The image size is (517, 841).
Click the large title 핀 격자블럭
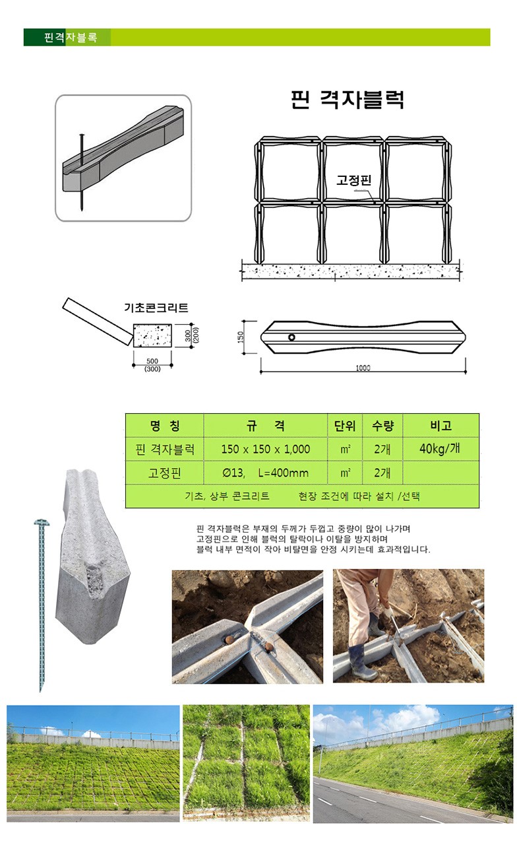click(x=348, y=100)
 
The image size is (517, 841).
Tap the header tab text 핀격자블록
click(x=71, y=38)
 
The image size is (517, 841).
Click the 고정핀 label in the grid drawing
click(x=354, y=180)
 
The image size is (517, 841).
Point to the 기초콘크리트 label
click(x=156, y=308)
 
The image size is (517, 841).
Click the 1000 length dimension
click(x=363, y=368)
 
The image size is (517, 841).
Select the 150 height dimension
click(x=241, y=337)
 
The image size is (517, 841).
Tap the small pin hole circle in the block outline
click(x=291, y=337)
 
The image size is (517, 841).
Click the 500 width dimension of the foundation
click(x=152, y=361)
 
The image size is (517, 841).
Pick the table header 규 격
click(x=265, y=426)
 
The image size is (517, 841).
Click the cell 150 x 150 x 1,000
click(x=266, y=449)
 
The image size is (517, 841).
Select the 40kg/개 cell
click(x=440, y=449)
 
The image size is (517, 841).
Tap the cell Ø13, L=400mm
click(x=265, y=473)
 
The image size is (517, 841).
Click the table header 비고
click(x=441, y=426)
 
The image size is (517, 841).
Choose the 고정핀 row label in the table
click(x=165, y=473)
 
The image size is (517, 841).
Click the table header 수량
click(x=382, y=426)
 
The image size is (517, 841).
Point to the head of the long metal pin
click(x=41, y=523)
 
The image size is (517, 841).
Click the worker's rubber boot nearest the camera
click(x=361, y=664)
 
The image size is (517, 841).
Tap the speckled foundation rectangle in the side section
click(x=153, y=335)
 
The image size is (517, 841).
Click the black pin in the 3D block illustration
click(x=81, y=172)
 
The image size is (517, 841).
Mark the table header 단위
click(x=345, y=426)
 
